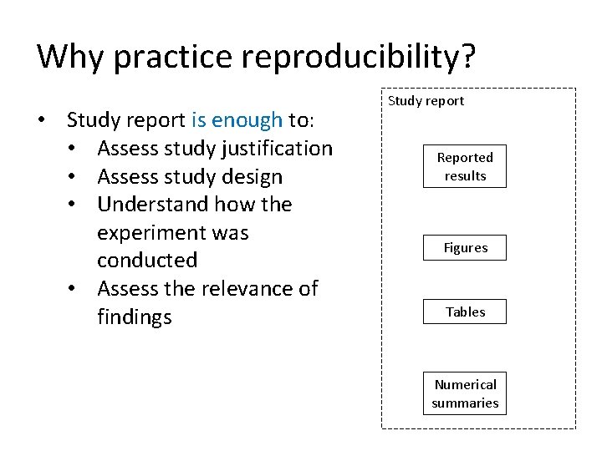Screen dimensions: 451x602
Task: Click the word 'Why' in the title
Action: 70,56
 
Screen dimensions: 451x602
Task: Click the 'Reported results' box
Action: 465,167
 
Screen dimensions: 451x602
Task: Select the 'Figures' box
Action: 465,248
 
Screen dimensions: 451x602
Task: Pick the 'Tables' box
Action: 465,312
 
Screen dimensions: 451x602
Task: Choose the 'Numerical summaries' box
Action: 465,394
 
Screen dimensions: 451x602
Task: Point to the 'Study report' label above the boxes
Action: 426,101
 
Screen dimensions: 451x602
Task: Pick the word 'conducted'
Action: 147,261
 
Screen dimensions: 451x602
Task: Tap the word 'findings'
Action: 135,317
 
